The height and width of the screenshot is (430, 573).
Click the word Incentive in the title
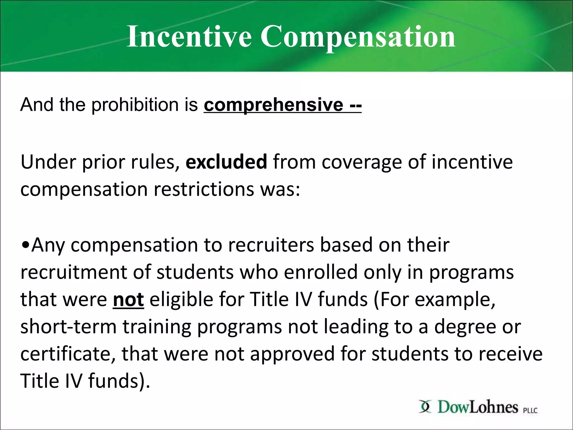point(189,36)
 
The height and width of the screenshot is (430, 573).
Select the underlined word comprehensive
point(273,105)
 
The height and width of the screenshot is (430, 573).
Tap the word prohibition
point(135,105)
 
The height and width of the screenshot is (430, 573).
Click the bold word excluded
point(226,162)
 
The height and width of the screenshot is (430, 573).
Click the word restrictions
point(204,190)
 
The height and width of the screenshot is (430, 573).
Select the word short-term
point(68,327)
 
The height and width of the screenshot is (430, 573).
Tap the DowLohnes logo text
point(478,407)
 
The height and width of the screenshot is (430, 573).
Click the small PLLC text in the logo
point(530,410)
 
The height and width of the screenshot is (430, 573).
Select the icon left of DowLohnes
point(425,406)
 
